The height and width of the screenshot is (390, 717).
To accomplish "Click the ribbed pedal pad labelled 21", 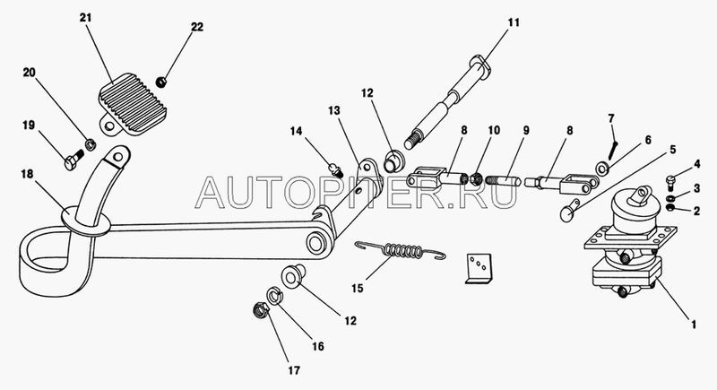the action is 132,104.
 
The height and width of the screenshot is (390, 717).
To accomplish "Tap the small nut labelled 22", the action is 161,82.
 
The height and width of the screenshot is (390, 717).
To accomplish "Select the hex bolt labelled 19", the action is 73,160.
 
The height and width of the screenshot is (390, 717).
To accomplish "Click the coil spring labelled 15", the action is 400,250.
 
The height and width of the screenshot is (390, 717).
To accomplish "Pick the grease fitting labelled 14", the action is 337,170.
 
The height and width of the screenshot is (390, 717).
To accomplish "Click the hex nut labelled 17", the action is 261,311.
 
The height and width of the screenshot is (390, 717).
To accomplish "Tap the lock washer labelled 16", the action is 273,295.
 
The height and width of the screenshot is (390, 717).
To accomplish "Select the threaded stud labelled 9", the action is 503,180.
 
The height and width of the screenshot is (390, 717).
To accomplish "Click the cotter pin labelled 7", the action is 613,148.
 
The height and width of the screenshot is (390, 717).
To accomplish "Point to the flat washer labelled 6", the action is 601,169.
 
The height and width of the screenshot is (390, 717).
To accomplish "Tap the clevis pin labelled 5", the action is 569,212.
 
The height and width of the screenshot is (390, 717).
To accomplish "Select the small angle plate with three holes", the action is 479,269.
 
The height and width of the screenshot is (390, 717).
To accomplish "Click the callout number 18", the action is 28,174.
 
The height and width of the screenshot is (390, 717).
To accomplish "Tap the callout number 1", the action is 693,325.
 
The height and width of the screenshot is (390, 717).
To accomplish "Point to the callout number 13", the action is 334,110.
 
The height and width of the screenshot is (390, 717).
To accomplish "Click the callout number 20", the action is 30,73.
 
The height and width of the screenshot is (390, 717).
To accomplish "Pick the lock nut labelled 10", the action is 477,178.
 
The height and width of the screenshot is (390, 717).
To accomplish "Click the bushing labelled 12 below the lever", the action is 292,277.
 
